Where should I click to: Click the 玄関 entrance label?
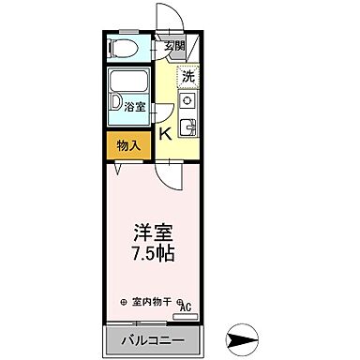pyautogui.click(x=174, y=46)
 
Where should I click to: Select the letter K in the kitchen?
pyautogui.click(x=165, y=134)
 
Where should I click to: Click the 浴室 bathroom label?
pyautogui.click(x=135, y=107)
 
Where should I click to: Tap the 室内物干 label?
pyautogui.click(x=153, y=302)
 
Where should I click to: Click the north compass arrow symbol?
pyautogui.click(x=242, y=337)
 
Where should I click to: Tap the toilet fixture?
pyautogui.click(x=122, y=48)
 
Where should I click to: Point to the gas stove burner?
pyautogui.click(x=187, y=100)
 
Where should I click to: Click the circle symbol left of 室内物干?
pyautogui.click(x=124, y=302)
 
